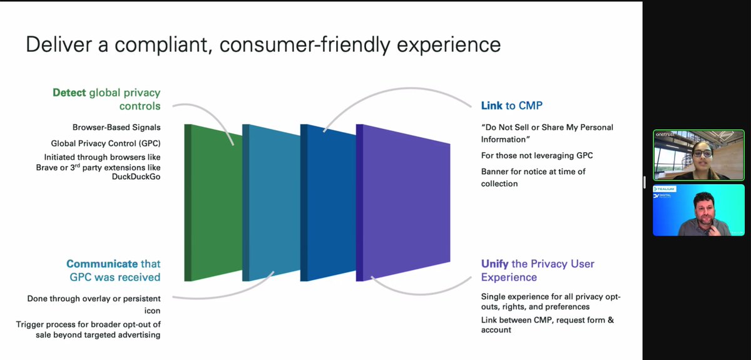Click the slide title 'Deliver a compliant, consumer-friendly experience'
pyautogui.click(x=263, y=45)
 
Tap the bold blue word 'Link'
pyautogui.click(x=493, y=106)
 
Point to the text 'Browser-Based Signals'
pyautogui.click(x=116, y=128)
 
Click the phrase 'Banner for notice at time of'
pyautogui.click(x=533, y=172)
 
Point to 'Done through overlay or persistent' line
pyautogui.click(x=94, y=299)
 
